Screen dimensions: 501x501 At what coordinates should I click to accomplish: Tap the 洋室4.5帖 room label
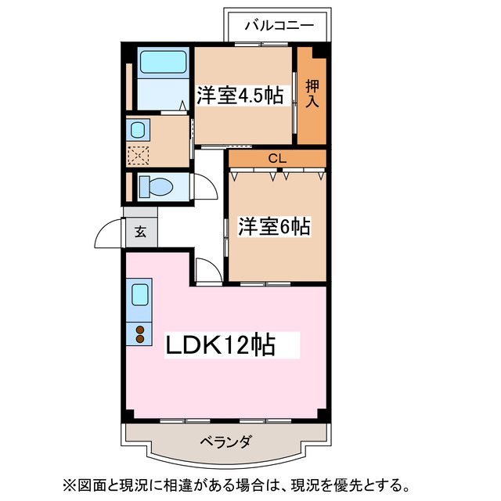pyautogui.click(x=240, y=95)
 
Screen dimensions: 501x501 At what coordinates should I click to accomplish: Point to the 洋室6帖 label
pyautogui.click(x=274, y=227)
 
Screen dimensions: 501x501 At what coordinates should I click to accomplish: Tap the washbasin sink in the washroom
pyautogui.click(x=139, y=130)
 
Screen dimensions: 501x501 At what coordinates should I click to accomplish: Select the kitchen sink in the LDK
pyautogui.click(x=140, y=295)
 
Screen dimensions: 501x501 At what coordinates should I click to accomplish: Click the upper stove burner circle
pyautogui.click(x=140, y=330)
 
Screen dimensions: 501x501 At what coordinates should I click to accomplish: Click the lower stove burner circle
pyautogui.click(x=140, y=340)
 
